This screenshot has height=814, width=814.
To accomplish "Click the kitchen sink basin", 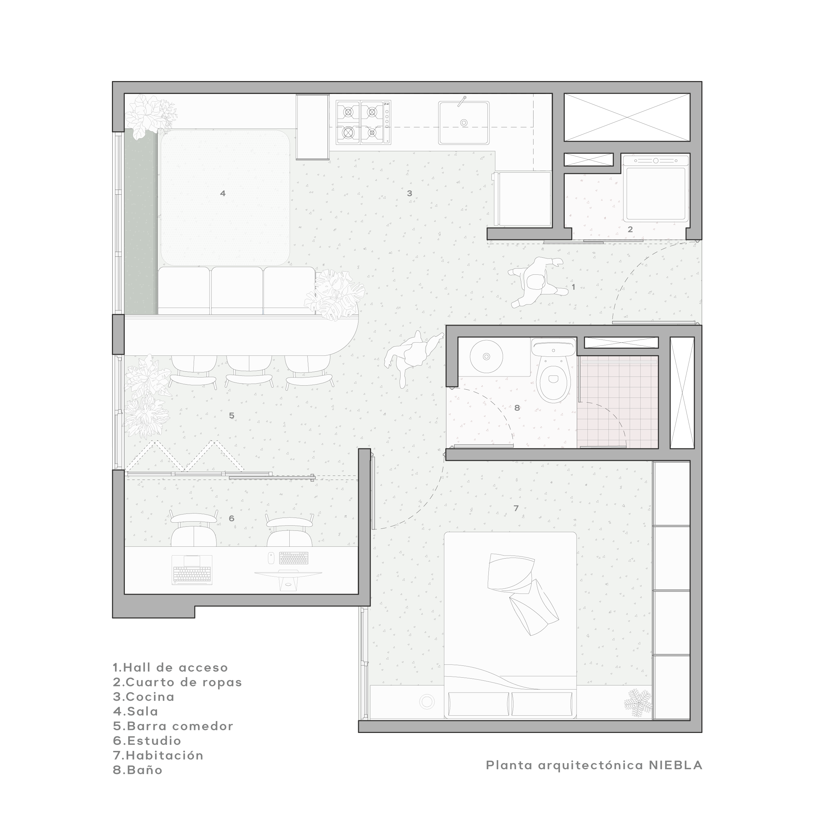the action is coord(463,122).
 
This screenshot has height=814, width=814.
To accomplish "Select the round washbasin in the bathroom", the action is coord(486,356).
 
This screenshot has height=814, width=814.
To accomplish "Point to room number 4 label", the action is coord(223,193).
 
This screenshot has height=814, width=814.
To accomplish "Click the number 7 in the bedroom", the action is coord(516,508).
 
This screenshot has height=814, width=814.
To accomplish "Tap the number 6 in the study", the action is coord(231,518).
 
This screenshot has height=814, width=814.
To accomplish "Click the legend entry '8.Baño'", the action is coord(138,770).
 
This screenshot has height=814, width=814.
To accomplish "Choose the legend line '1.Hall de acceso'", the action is coord(170,667).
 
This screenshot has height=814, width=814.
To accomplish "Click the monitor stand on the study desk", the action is coord(288,583).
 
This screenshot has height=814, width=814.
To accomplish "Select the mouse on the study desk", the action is coord(271,558).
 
